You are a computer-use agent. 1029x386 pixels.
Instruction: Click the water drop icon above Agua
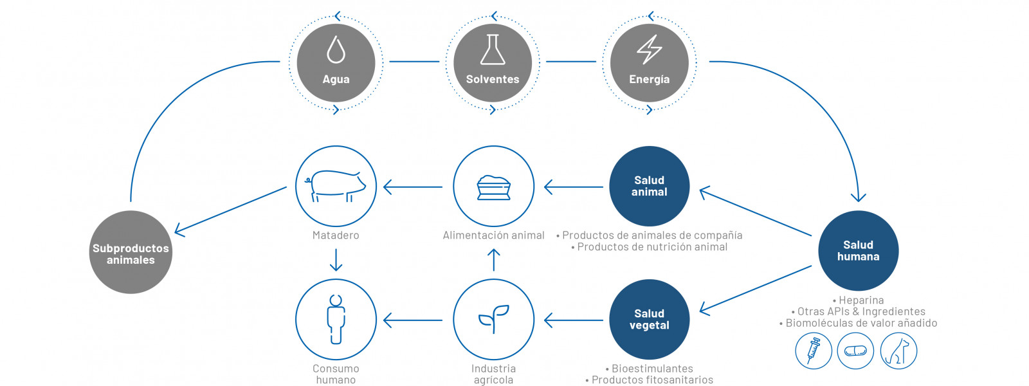(336, 50)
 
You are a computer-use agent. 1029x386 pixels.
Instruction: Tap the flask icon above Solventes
(493, 50)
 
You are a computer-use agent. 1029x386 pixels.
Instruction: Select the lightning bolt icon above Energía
(649, 50)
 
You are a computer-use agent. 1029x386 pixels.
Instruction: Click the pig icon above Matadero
(335, 186)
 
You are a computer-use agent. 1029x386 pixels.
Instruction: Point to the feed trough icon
(493, 187)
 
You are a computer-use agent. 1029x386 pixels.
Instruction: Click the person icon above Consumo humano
(336, 319)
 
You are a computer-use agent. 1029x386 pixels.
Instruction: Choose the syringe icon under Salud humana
(813, 351)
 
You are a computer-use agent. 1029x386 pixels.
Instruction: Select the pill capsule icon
(855, 351)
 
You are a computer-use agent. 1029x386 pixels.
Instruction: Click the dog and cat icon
(898, 351)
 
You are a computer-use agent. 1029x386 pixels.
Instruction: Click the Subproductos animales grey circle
(131, 252)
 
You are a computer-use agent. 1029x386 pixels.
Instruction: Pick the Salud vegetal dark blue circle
(649, 319)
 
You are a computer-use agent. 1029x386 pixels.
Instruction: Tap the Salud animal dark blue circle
(649, 186)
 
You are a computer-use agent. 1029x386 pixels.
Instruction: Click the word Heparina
(861, 300)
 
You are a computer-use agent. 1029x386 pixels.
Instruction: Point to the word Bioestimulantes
(652, 369)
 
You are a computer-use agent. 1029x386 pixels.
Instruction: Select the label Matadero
(336, 235)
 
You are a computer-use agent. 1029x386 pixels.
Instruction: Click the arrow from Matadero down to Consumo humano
(336, 260)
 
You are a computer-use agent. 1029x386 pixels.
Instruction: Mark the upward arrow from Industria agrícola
(493, 260)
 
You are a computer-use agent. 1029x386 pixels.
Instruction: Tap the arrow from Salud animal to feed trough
(573, 187)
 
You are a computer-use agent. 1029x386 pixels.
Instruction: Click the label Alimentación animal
(493, 235)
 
